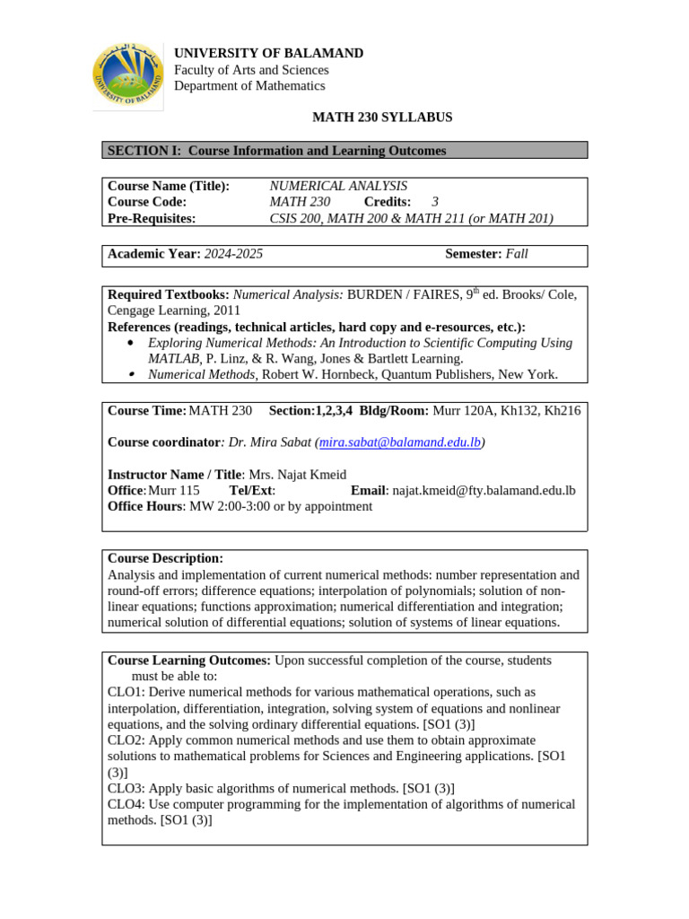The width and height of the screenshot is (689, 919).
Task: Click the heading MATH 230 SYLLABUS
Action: pos(382,118)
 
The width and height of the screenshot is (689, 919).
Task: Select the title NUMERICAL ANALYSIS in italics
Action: pos(338,186)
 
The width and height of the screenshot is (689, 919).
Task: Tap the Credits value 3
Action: pos(435,202)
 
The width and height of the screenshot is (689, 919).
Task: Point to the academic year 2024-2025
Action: pos(233,254)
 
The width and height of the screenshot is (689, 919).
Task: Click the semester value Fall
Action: pos(517,254)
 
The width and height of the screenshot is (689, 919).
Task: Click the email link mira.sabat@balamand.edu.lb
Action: pos(400,442)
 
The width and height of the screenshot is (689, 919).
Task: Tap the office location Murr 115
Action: pos(174,490)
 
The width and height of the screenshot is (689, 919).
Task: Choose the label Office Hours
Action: pos(145,506)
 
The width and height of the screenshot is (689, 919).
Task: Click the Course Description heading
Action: pos(165,558)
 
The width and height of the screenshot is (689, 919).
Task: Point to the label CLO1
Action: pos(125,692)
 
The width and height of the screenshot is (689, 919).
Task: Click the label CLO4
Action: pos(125,804)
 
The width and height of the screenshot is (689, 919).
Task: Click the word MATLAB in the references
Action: pos(173,358)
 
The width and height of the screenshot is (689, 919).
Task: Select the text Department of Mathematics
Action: pos(249,86)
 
